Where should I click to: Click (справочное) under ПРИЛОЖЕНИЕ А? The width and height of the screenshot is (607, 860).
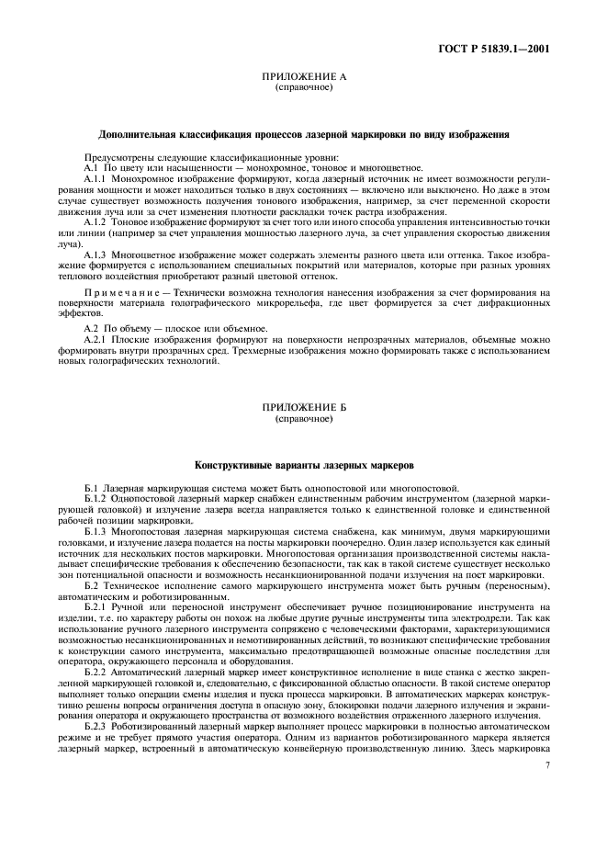coord(303,88)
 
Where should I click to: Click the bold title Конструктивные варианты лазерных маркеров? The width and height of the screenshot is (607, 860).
coord(303,466)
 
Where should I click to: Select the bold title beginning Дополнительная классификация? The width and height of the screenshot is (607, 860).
coord(303,134)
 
